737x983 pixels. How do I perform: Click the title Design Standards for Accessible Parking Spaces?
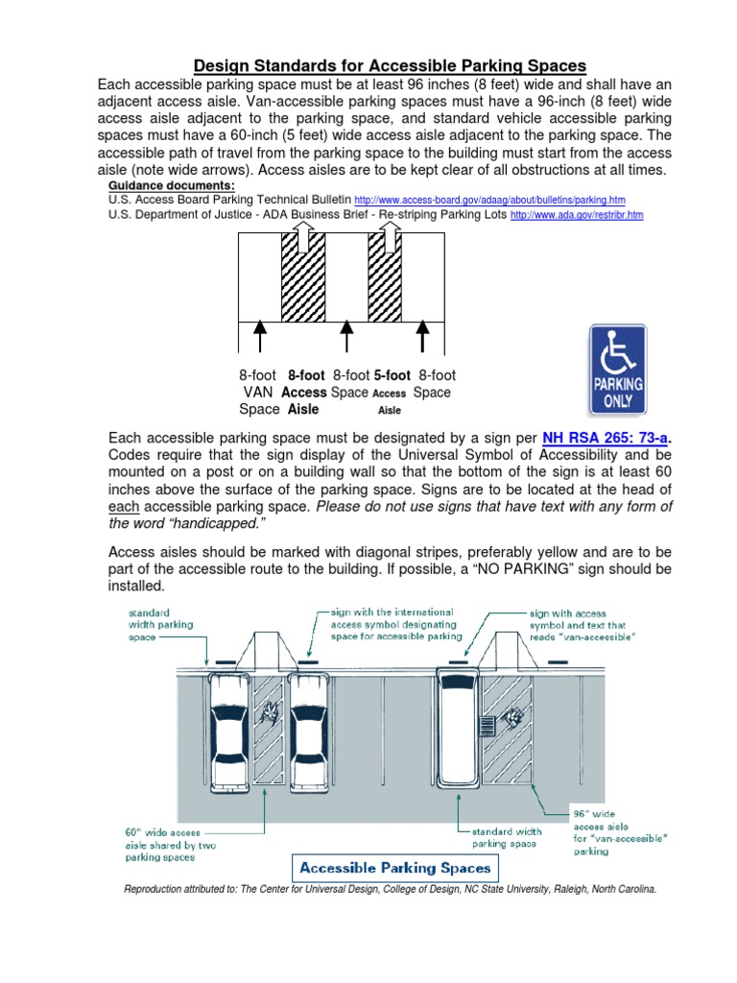[390, 65]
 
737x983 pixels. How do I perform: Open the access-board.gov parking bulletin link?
[489, 201]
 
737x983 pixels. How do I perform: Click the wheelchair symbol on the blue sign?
[617, 351]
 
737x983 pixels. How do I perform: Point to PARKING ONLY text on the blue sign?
[617, 395]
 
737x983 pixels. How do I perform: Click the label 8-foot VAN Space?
[257, 392]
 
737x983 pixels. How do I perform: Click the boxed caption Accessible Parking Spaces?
[394, 868]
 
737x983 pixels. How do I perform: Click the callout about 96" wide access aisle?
[620, 829]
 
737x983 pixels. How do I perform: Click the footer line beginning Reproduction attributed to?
[390, 890]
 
